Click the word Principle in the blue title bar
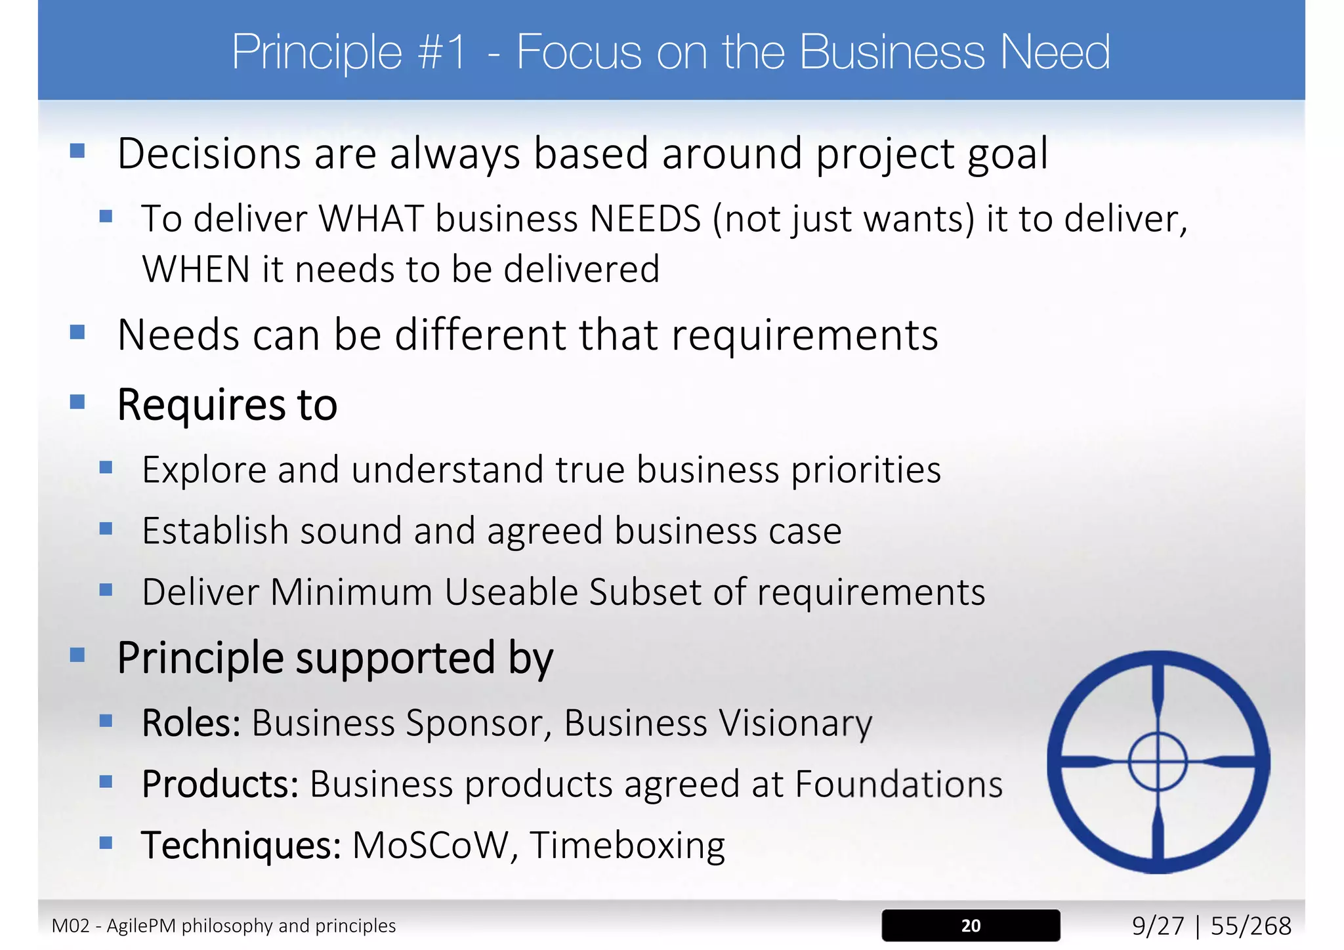pyautogui.click(x=317, y=52)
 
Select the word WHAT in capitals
pyautogui.click(x=371, y=218)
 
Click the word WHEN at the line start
pyautogui.click(x=196, y=270)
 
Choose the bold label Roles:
pyautogui.click(x=191, y=723)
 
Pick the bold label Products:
pyautogui.click(x=220, y=784)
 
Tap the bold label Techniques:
pyautogui.click(x=241, y=845)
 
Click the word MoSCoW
pyautogui.click(x=430, y=845)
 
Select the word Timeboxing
pyautogui.click(x=627, y=845)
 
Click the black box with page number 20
pyautogui.click(x=971, y=925)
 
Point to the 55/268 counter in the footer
pyautogui.click(x=1251, y=926)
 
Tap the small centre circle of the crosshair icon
pyautogui.click(x=1158, y=762)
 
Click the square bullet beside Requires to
pyautogui.click(x=77, y=402)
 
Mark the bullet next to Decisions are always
pyautogui.click(x=77, y=151)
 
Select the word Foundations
pyautogui.click(x=899, y=784)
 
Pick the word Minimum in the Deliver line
pyautogui.click(x=351, y=592)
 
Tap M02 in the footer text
pyautogui.click(x=70, y=926)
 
